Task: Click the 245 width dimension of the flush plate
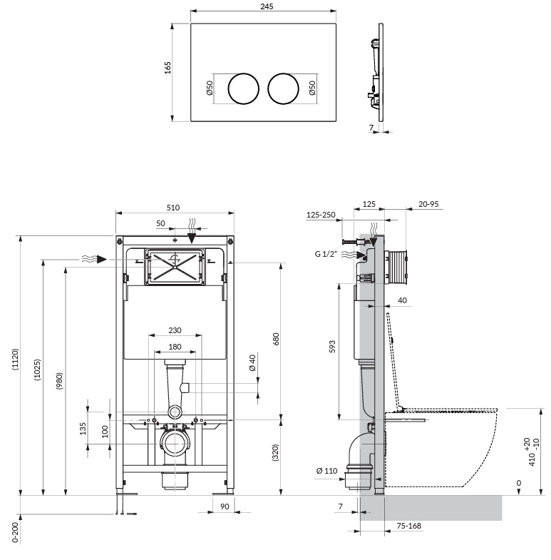click(x=267, y=6)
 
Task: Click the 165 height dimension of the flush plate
click(x=168, y=68)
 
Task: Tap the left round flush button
click(x=243, y=89)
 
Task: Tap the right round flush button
click(x=284, y=89)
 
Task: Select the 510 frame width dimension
click(x=173, y=208)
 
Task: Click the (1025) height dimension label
click(x=38, y=370)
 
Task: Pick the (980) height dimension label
click(x=59, y=381)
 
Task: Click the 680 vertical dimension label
click(x=276, y=339)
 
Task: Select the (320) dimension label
click(x=275, y=452)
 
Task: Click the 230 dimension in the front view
click(x=175, y=330)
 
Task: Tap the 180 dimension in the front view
click(x=175, y=347)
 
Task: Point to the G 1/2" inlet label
click(x=326, y=254)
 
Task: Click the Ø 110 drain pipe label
click(x=327, y=471)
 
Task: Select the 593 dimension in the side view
click(x=332, y=347)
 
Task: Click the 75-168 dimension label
click(x=409, y=526)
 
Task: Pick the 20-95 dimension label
click(x=428, y=204)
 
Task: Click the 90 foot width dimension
click(x=225, y=506)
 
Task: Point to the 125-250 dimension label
click(x=321, y=215)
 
